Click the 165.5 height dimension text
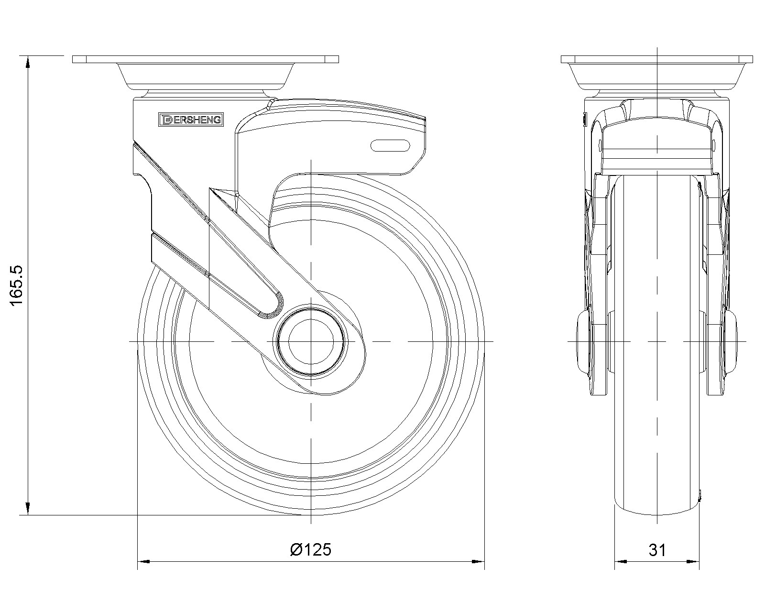pos(16,285)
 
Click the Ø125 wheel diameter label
pos(311,549)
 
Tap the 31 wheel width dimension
pos(657,550)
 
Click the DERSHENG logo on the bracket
pos(191,120)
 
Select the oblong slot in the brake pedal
pos(390,145)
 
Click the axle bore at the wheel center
pos(311,341)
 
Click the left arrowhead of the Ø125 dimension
pos(143,562)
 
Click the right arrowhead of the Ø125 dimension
pos(478,562)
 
